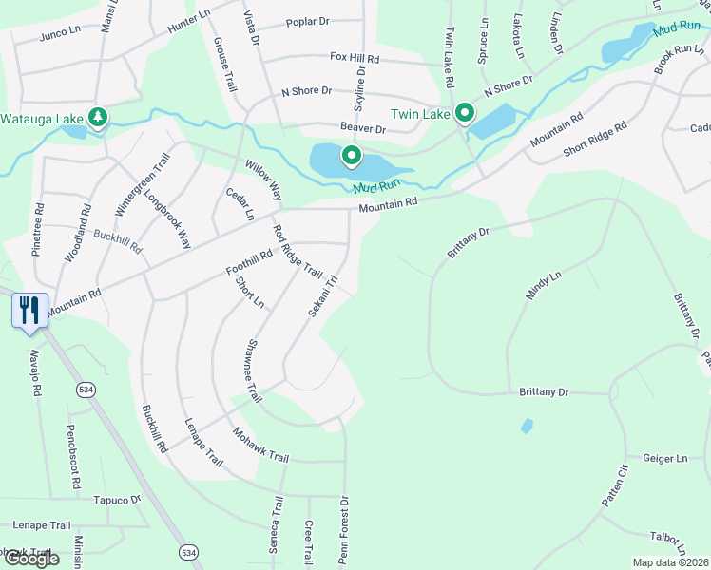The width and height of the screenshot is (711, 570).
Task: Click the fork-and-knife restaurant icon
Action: click(29, 310)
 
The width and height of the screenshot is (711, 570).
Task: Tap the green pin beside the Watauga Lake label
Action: click(97, 118)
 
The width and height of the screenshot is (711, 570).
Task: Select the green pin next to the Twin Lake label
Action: click(464, 114)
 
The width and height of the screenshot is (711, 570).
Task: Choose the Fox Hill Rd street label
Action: click(355, 59)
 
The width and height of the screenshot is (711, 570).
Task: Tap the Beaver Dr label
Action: click(363, 128)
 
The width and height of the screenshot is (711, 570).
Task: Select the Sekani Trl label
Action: click(323, 296)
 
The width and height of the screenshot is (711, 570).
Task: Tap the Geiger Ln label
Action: click(664, 459)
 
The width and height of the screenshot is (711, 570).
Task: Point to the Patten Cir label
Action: click(615, 484)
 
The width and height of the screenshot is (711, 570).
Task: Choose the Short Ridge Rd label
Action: click(595, 140)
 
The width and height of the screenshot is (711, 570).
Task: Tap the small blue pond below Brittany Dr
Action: click(527, 427)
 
